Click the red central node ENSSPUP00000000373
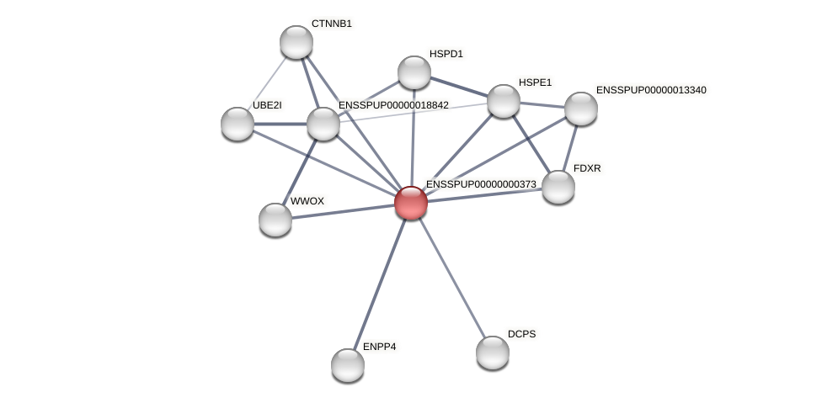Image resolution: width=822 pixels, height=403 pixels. pos(411,203)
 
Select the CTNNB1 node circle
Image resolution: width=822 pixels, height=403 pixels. pos(296,42)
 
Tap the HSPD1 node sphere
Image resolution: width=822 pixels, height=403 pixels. pos(414,72)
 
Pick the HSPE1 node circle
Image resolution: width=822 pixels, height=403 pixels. pos(504,101)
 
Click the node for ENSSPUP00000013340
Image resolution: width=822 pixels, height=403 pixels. pos(581,109)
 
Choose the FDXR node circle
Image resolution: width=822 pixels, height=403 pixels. pos(558,187)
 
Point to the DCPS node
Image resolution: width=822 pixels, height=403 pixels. pos(493,353)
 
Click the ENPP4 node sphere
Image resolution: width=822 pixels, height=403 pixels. pos(348,365)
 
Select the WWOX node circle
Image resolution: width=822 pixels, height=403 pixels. pos(275,220)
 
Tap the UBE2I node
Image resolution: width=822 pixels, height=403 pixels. pos(238,124)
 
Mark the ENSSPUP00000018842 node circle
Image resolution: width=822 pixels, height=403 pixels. pos(323,124)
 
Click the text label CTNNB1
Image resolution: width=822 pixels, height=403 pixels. pos(332,24)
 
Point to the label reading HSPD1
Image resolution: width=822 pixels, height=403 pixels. pos(446,54)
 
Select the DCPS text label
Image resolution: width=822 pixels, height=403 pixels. pos(521,334)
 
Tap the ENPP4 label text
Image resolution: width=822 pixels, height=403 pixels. pos(379,347)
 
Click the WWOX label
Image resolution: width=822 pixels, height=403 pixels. pos(307,201)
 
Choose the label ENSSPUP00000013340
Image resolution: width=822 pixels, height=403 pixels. pos(651,90)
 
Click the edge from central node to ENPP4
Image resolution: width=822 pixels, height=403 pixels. pos(379,284)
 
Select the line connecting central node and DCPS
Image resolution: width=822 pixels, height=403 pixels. pos(451,278)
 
